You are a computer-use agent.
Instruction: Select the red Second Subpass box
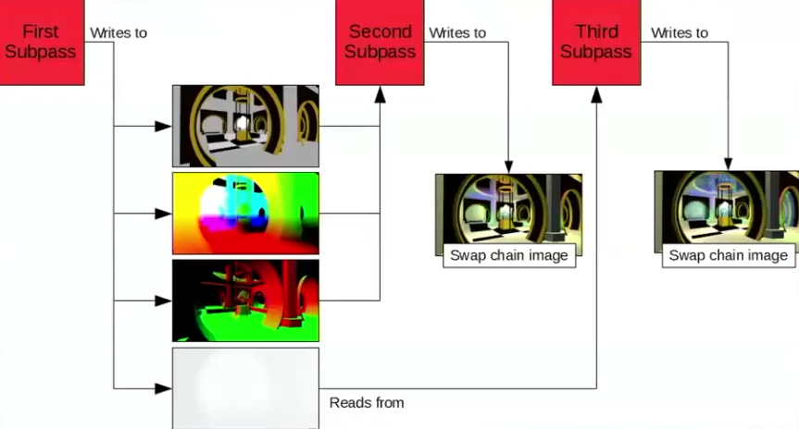click(380, 42)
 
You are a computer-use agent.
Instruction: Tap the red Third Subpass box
click(595, 42)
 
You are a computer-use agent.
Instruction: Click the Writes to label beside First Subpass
click(119, 32)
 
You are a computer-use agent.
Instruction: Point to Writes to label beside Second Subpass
click(457, 32)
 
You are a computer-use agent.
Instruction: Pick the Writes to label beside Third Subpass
click(680, 32)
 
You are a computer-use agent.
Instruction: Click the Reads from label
click(367, 402)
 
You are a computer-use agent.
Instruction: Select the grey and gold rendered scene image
click(245, 126)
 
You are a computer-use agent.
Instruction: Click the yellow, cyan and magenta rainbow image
click(245, 213)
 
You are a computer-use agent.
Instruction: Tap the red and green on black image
click(245, 300)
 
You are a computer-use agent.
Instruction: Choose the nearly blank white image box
click(245, 387)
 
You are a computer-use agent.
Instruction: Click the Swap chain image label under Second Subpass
click(509, 255)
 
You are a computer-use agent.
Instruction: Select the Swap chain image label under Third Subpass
click(729, 255)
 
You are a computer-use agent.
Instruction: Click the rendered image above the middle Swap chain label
click(508, 208)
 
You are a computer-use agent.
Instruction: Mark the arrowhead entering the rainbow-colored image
click(164, 214)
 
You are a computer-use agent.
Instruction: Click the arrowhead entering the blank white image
click(164, 387)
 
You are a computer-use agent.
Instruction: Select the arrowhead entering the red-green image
click(164, 300)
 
